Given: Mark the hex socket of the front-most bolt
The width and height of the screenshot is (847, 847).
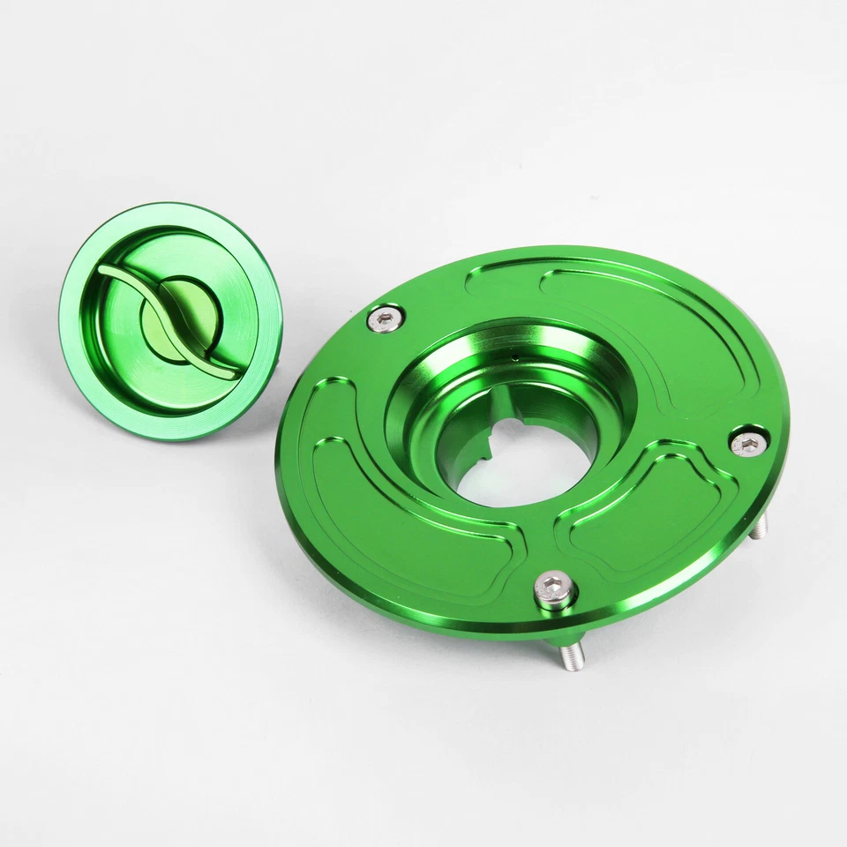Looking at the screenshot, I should [555, 585].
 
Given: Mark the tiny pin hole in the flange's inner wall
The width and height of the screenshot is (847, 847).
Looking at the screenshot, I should [514, 359].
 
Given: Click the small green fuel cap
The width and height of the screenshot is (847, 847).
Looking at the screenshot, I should [170, 321].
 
